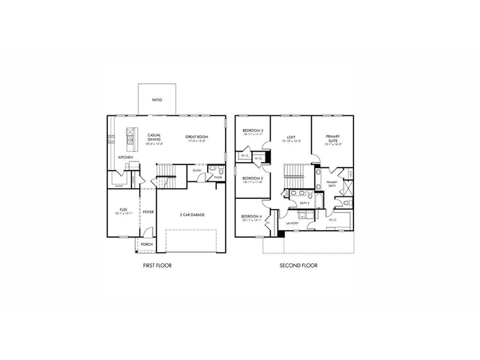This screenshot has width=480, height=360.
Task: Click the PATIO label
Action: [157, 99]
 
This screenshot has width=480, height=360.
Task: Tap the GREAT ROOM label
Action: [196, 137]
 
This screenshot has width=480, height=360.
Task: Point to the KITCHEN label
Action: [125, 157]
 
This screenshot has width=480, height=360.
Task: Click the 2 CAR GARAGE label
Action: [193, 214]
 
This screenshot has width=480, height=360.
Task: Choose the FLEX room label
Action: [123, 210]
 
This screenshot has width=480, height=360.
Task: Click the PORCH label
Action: [146, 244]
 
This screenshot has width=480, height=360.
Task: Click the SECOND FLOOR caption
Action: [298, 265]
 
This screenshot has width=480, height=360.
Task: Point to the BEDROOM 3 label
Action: [252, 131]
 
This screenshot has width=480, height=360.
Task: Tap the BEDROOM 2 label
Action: [251, 178]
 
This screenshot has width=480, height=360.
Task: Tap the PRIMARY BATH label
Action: [332, 182]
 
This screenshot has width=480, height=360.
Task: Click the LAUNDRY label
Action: [292, 223]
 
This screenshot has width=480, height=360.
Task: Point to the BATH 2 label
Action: [304, 202]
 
